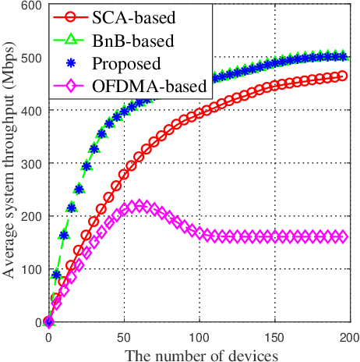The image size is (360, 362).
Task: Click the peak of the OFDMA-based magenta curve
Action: [139, 206]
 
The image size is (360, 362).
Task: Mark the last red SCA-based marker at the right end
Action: [341, 76]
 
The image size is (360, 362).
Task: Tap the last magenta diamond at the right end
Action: [341, 236]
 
